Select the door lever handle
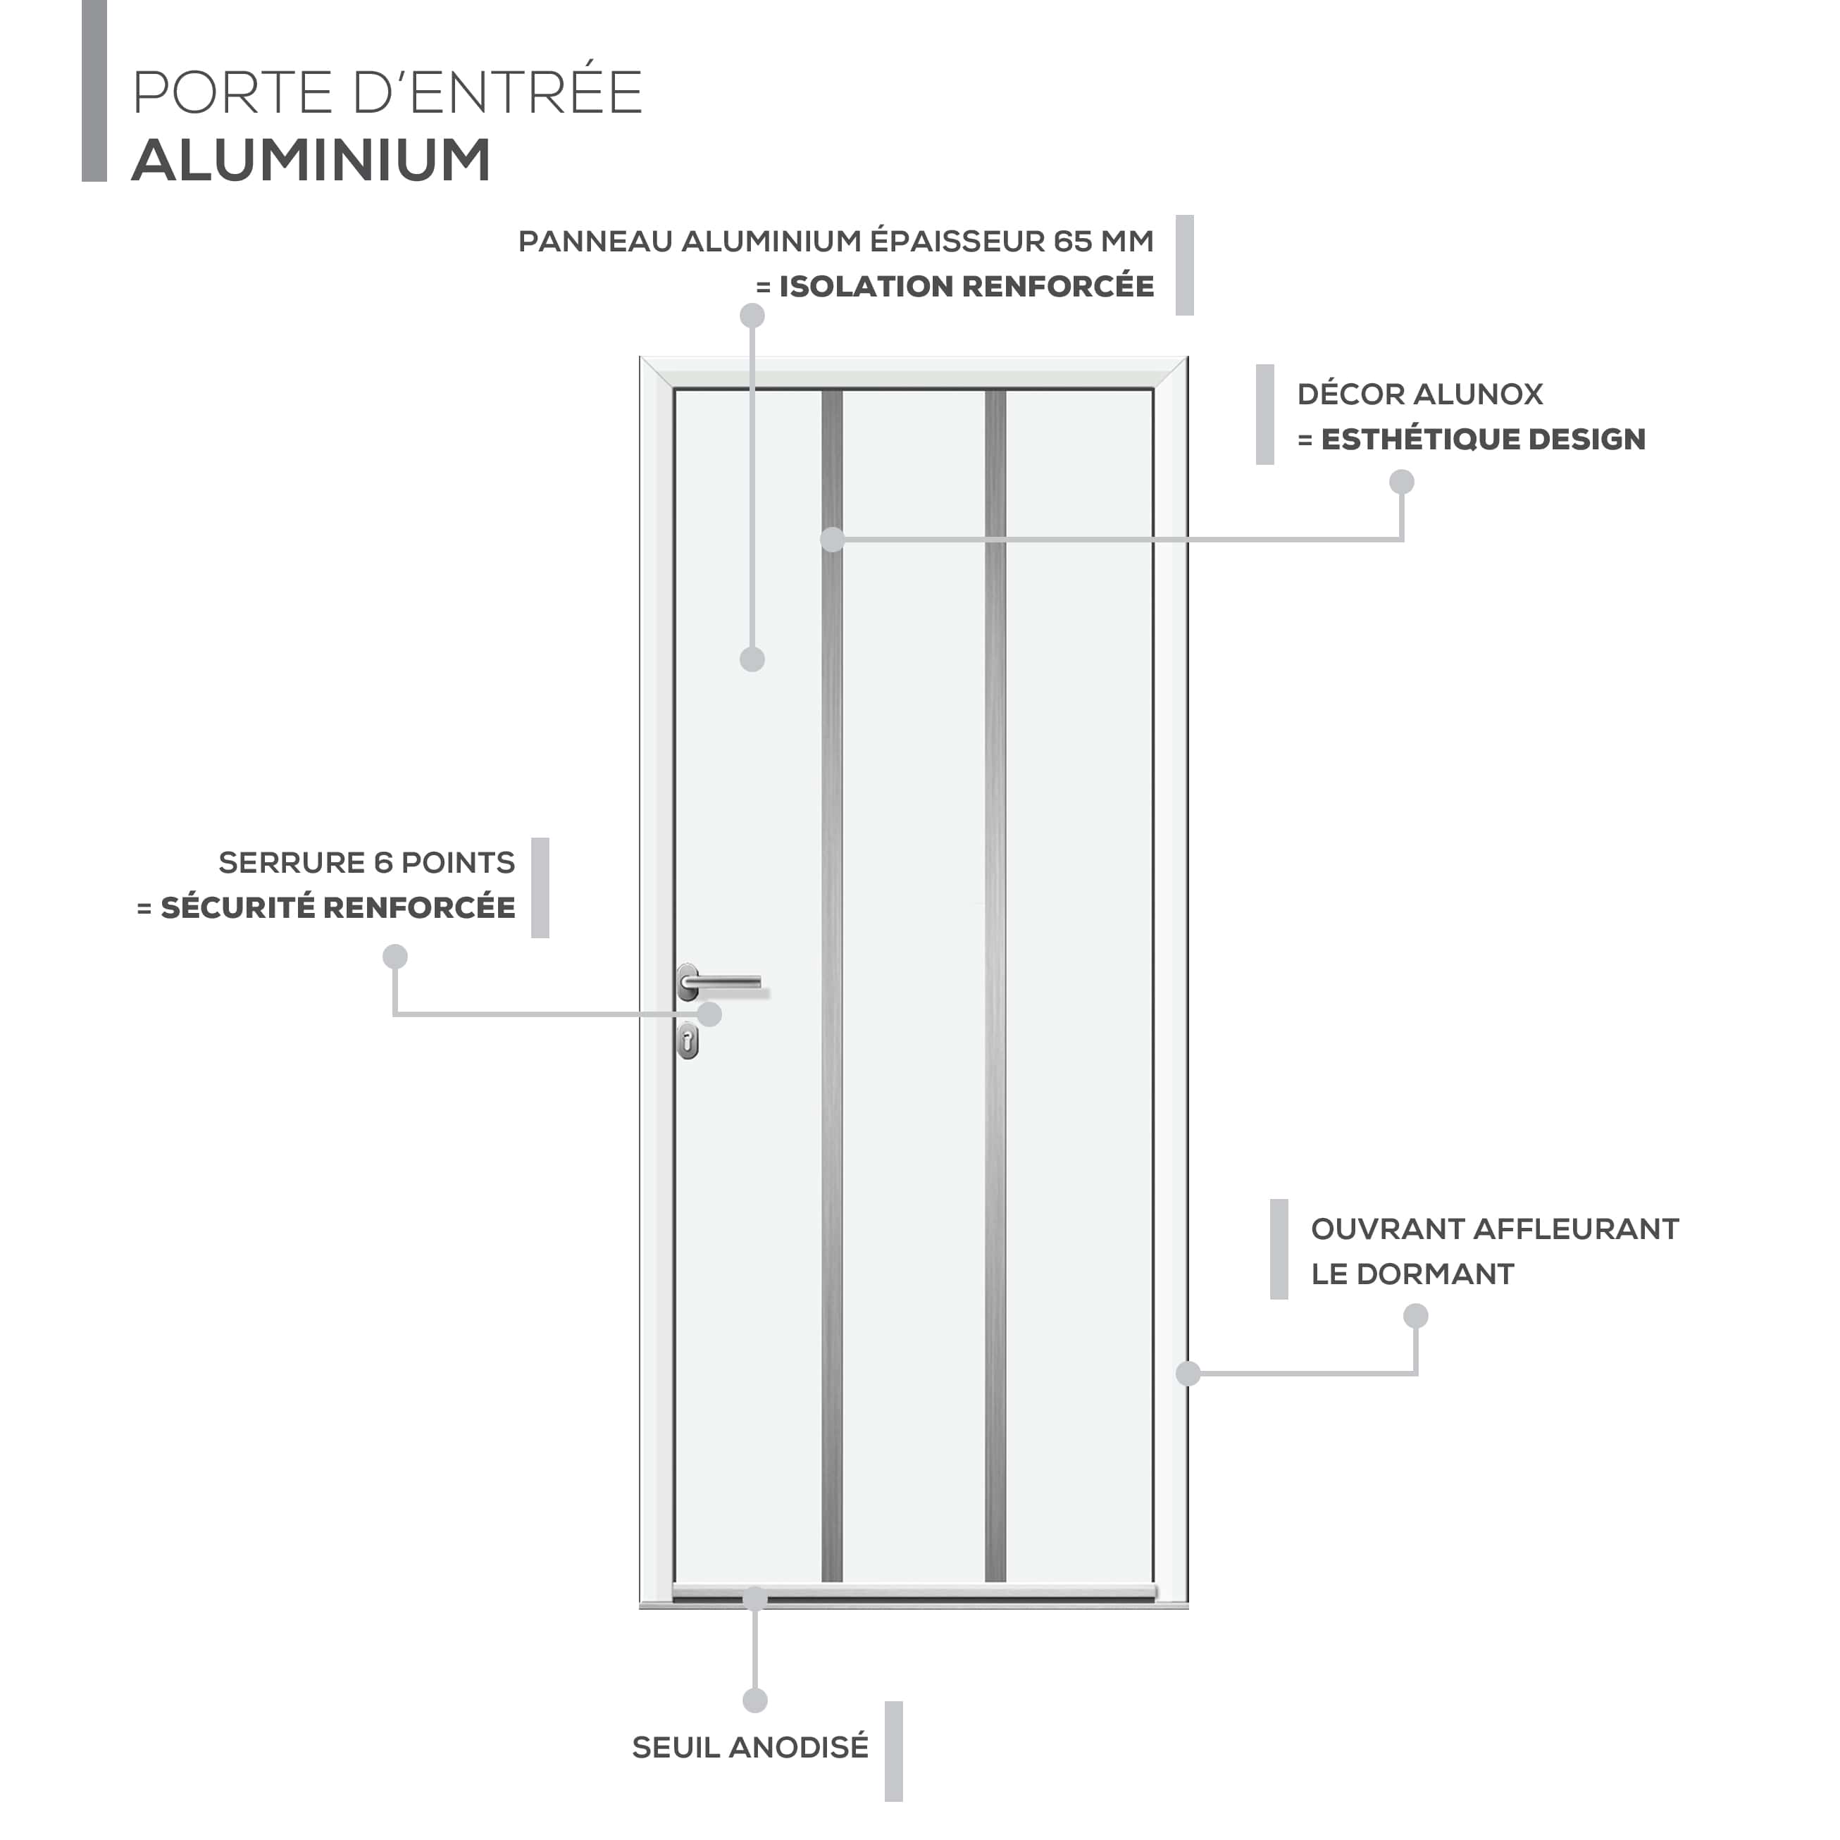(721, 983)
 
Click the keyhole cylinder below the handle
(688, 1041)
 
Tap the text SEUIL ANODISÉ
(750, 1748)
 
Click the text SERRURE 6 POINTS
(367, 862)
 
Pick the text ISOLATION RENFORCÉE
(966, 286)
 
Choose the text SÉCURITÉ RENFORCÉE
(338, 907)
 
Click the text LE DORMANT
(1412, 1274)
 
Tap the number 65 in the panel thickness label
(1071, 241)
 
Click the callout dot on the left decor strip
(833, 539)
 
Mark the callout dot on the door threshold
(754, 1598)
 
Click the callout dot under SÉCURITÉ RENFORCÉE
(395, 956)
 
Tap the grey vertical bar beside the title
(94, 90)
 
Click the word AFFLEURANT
(1575, 1229)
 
